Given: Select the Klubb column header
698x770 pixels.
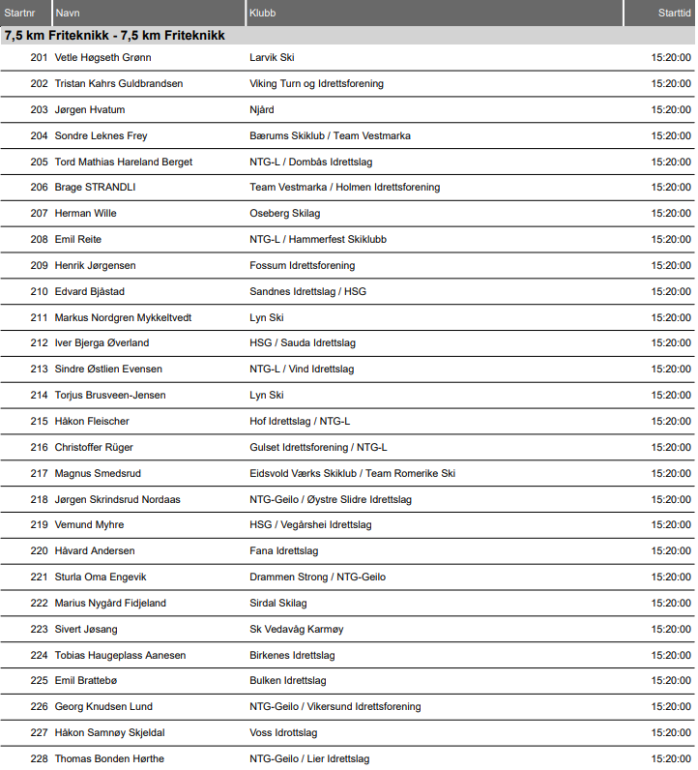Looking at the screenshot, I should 262,13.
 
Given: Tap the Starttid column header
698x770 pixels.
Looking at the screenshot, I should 674,13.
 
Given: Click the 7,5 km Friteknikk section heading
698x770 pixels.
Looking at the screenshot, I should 114,35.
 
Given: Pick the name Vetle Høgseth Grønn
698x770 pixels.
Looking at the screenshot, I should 102,57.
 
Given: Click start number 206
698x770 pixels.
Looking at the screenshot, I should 39,187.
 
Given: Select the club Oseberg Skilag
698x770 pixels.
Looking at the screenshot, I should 284,213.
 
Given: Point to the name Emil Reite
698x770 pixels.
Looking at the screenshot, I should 78,239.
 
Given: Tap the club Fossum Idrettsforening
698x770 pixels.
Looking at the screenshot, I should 302,265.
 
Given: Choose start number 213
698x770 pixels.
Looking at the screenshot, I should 39,369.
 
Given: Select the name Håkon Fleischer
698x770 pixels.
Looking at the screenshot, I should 92,421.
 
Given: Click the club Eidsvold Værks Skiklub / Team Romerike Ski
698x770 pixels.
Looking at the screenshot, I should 352,473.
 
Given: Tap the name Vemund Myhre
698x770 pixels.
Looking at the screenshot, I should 89,524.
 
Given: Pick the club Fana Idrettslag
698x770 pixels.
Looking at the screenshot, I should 284,550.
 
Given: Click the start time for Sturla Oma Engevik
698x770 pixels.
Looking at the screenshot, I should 671,577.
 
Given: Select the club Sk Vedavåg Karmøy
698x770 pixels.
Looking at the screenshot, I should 296,629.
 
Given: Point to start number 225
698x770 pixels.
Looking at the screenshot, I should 39,680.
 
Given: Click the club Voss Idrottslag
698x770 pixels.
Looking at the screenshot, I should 283,732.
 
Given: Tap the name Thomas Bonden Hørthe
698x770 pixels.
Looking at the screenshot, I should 109,758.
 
